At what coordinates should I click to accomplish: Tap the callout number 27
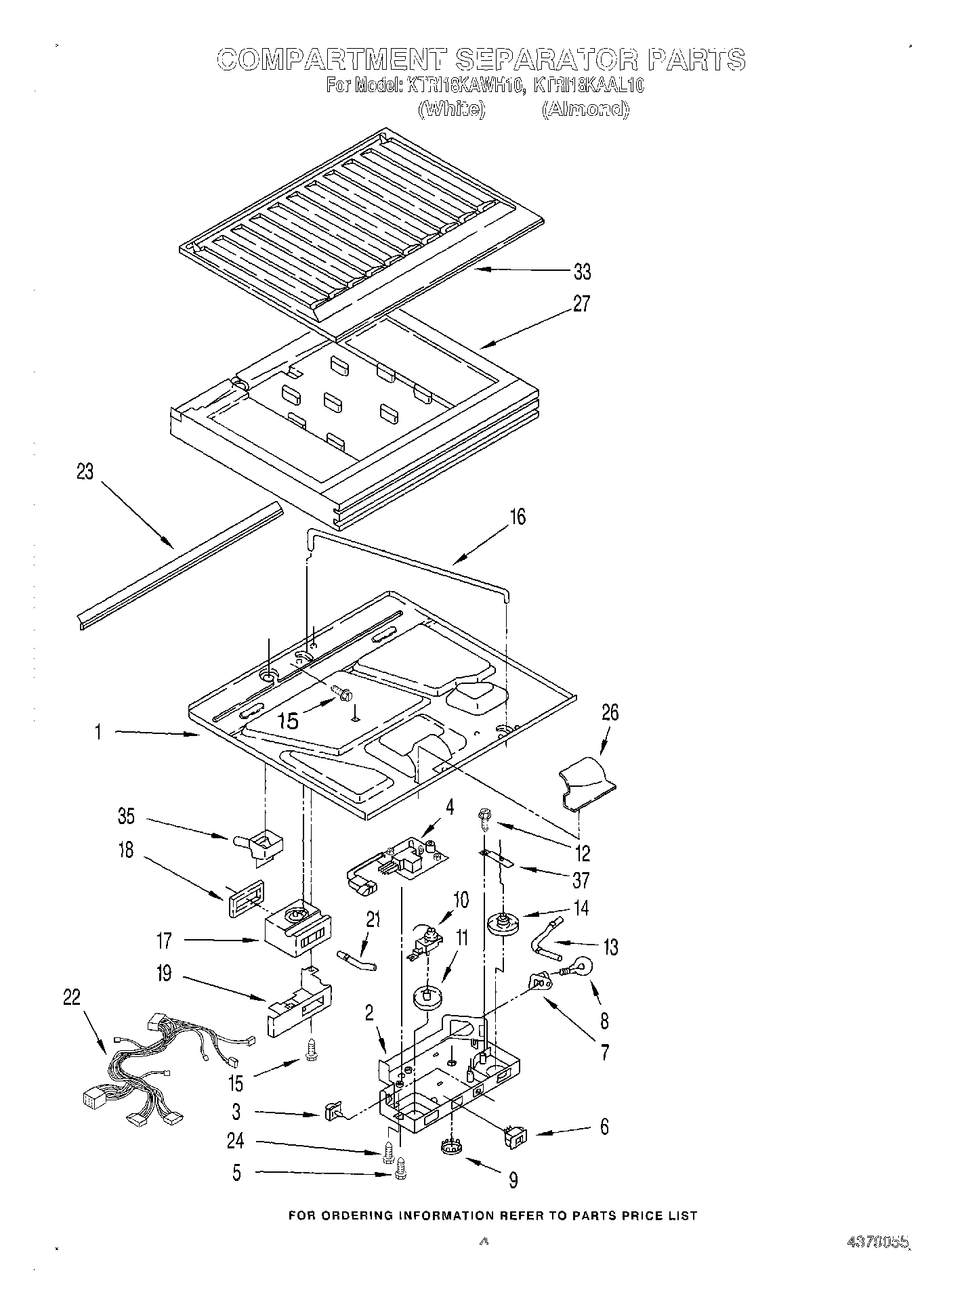pyautogui.click(x=581, y=304)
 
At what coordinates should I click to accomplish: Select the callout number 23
pyautogui.click(x=85, y=472)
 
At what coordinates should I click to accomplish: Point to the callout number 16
pyautogui.click(x=518, y=517)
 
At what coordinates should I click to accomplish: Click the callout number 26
pyautogui.click(x=610, y=712)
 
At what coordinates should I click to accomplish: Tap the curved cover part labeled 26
pyautogui.click(x=588, y=784)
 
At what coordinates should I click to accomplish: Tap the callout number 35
pyautogui.click(x=127, y=816)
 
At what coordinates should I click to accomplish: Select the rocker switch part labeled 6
pyautogui.click(x=515, y=1138)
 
